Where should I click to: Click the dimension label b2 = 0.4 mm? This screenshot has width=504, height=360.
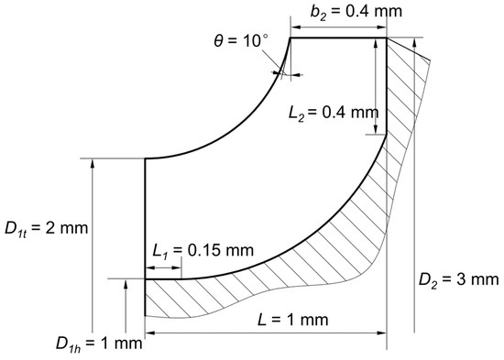pos(356,12)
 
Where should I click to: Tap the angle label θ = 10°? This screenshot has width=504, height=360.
pos(241,41)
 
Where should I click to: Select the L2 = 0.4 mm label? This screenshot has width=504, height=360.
pos(334,114)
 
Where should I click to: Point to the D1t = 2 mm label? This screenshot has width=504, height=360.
pos(47,229)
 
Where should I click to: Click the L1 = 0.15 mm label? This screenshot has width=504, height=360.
pos(203,250)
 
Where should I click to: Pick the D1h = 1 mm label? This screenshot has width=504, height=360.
pos(99,344)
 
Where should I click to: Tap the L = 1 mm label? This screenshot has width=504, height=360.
pos(293,320)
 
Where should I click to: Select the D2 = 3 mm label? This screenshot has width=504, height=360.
pos(459,280)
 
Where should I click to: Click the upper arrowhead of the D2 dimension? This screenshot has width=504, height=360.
pos(414,42)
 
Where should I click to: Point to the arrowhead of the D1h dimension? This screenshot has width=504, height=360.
pos(126,283)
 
